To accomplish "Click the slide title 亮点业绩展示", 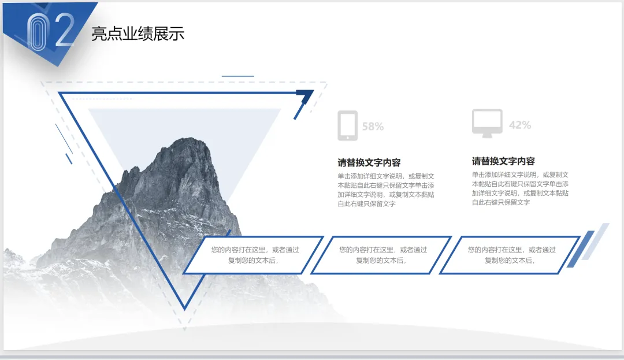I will point(138,34).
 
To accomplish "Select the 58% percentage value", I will point(373,127).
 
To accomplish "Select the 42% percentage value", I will point(519,125).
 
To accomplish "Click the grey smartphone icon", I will point(347,125).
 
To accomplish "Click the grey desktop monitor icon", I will point(487,123).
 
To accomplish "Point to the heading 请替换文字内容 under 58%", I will point(369,162).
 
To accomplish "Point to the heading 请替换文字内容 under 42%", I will point(503,161).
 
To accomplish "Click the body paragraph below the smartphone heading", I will point(386,190).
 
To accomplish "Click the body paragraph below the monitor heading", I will point(520,188).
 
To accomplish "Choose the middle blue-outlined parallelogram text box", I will point(382,255).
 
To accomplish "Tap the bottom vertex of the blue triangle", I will point(185,307).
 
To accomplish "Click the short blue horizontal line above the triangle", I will point(237,76).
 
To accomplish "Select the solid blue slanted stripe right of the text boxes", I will point(580,249).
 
